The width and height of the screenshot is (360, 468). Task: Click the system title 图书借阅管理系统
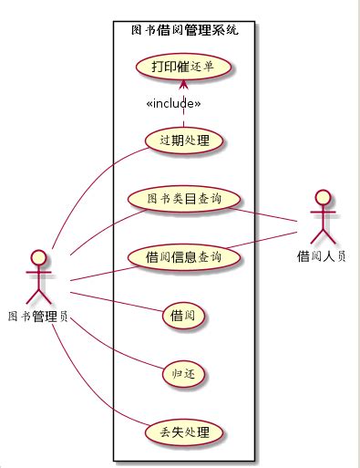[185, 30]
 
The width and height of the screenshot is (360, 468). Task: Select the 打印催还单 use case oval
[183, 67]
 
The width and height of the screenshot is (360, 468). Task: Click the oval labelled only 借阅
[183, 316]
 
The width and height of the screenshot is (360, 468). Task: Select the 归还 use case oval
[183, 374]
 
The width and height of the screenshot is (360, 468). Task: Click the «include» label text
[173, 103]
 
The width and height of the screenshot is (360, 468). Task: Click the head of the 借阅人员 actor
[322, 197]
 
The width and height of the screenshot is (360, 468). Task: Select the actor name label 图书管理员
[38, 317]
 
